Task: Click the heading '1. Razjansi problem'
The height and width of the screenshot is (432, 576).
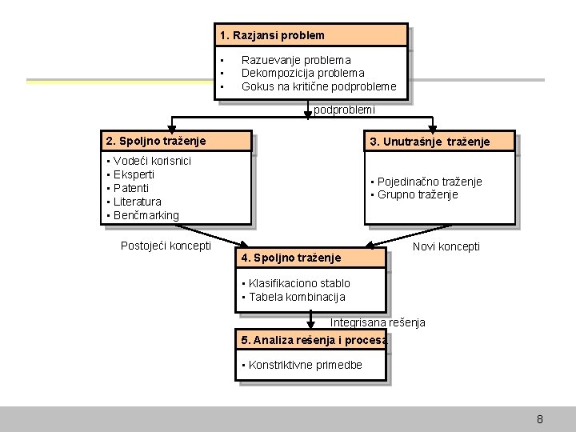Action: click(x=272, y=35)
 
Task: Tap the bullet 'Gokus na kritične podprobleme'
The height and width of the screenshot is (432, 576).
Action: click(x=318, y=86)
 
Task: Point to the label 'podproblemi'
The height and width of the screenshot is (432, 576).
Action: click(x=344, y=110)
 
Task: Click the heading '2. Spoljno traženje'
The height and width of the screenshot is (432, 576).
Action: click(x=155, y=141)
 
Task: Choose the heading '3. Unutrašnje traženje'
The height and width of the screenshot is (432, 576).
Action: click(x=430, y=142)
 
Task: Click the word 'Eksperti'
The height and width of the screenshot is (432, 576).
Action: click(x=134, y=174)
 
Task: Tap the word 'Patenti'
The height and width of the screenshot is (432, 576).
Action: click(x=131, y=188)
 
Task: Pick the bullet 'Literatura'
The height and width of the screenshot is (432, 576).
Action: click(x=137, y=202)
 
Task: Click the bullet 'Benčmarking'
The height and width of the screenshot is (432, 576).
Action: click(x=146, y=215)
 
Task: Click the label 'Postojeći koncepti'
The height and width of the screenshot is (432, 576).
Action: click(x=166, y=246)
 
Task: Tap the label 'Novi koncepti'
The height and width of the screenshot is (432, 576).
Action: click(x=446, y=246)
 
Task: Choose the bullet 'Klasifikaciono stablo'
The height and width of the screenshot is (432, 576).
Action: click(x=298, y=283)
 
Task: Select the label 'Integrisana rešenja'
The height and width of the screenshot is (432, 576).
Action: click(x=378, y=322)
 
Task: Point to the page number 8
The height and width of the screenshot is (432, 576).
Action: click(x=540, y=419)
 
